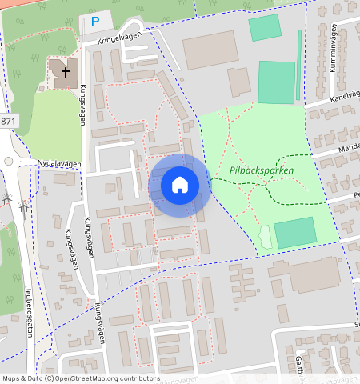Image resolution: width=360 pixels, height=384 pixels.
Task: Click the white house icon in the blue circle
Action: tap(180, 185)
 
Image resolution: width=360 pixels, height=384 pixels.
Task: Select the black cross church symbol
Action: tap(66, 72)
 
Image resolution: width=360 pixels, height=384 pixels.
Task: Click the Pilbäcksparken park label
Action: tap(261, 170)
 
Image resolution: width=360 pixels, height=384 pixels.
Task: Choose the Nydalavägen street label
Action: tap(59, 164)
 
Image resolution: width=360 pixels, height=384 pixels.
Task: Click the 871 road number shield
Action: tap(7, 122)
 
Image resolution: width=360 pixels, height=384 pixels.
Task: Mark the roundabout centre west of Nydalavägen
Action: tap(8, 161)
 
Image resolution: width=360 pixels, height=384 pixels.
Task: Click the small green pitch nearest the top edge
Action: tap(263, 27)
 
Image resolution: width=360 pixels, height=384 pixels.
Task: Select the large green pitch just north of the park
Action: tap(275, 82)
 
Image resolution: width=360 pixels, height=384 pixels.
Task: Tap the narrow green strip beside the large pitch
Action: tap(298, 67)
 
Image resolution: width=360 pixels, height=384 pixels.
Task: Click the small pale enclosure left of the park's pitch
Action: tap(265, 235)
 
